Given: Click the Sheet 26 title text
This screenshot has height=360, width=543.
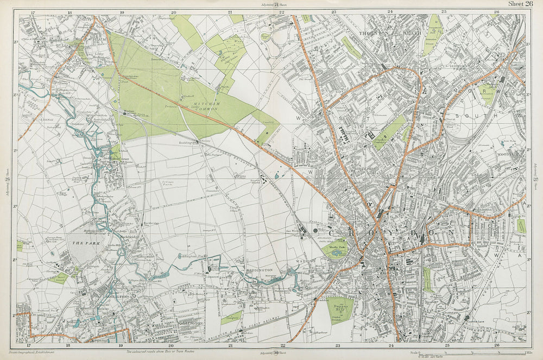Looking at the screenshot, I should (520, 4).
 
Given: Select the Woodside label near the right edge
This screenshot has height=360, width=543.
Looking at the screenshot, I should (509, 154).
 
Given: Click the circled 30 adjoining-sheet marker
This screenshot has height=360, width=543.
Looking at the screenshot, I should (276, 352).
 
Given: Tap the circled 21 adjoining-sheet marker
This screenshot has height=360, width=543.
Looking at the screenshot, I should (276, 5).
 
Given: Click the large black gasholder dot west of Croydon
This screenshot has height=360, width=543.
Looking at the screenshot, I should (315, 231).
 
